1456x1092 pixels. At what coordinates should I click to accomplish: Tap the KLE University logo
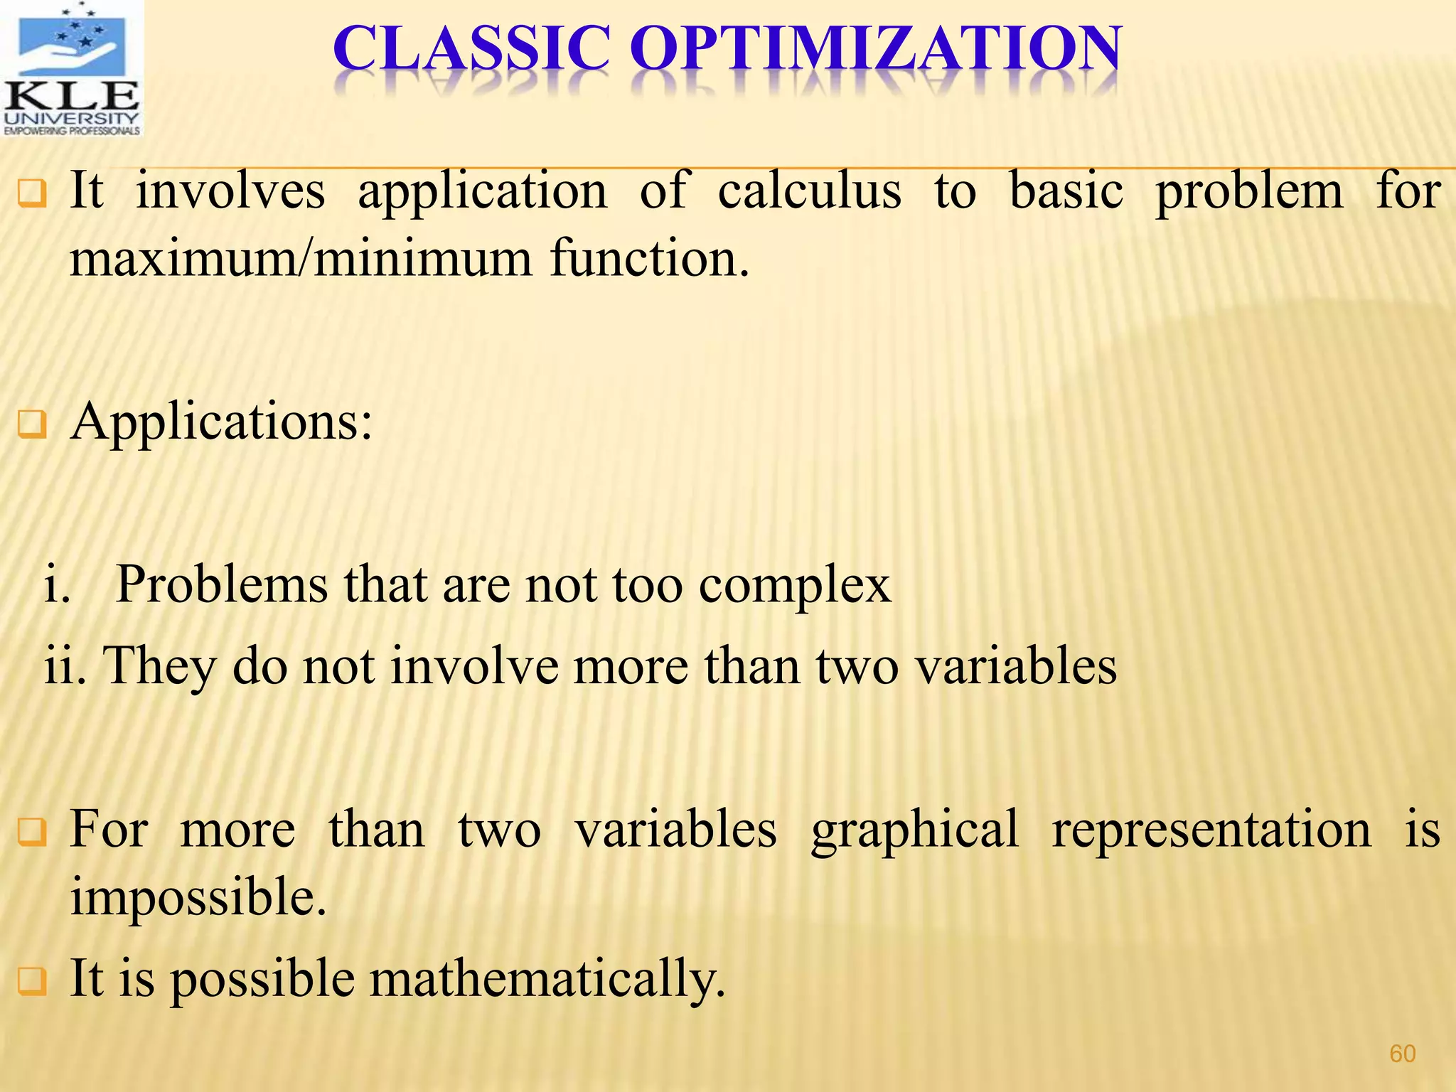pyautogui.click(x=71, y=68)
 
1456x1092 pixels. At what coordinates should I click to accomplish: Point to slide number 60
pyautogui.click(x=1402, y=1053)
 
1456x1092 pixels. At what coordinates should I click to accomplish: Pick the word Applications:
pyautogui.click(x=221, y=422)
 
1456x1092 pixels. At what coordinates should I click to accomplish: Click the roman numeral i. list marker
pyautogui.click(x=57, y=584)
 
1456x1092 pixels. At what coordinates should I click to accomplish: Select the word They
pyautogui.click(x=160, y=667)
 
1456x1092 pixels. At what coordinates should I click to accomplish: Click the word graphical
pyautogui.click(x=915, y=830)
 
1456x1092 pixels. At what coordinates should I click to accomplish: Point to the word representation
pyautogui.click(x=1211, y=830)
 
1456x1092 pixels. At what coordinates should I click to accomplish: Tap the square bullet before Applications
pyautogui.click(x=32, y=425)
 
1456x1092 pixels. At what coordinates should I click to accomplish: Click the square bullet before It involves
pyautogui.click(x=32, y=193)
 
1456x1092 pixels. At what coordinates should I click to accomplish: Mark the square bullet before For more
pyautogui.click(x=32, y=833)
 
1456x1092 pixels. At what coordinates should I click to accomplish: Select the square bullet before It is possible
pyautogui.click(x=32, y=982)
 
